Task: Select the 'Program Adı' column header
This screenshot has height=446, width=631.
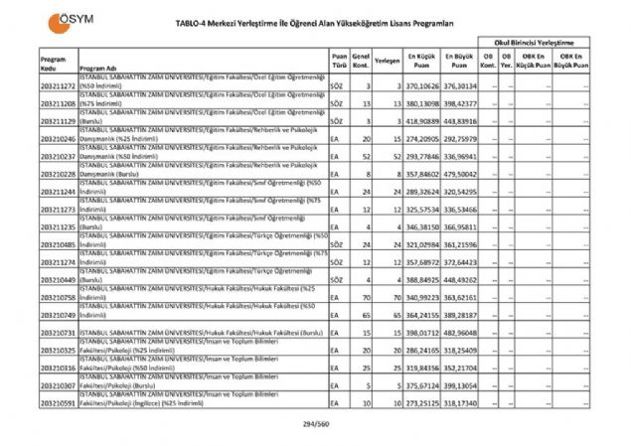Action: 98,69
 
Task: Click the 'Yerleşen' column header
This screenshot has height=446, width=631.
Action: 387,61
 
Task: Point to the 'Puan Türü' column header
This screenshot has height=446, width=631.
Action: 339,61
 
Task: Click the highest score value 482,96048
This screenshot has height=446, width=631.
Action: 459,333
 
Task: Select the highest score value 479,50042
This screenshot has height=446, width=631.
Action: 459,175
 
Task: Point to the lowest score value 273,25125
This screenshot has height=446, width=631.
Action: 421,404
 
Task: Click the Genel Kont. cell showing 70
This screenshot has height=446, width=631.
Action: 365,298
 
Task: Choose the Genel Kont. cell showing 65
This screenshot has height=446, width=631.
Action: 365,316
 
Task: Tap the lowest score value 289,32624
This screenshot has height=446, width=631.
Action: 421,193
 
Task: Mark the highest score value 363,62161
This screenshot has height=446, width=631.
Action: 459,298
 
